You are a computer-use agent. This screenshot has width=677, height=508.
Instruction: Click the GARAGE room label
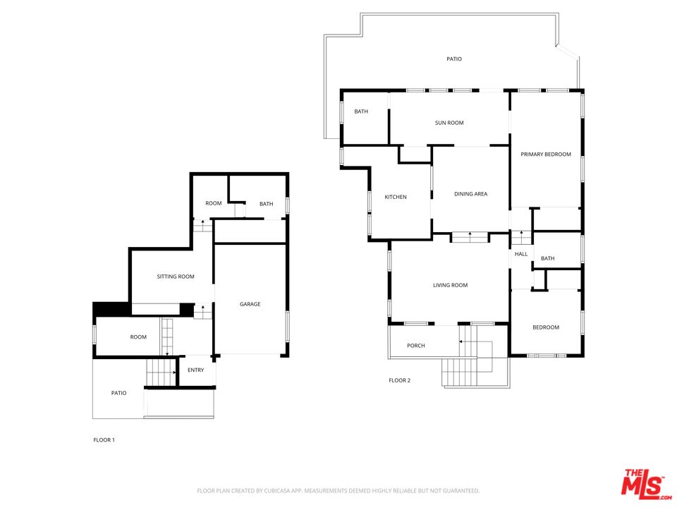(250, 304)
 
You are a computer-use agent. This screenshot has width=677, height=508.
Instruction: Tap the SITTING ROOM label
(176, 277)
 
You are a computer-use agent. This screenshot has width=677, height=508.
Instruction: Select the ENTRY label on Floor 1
(195, 370)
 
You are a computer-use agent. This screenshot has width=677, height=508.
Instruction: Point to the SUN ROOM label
(449, 123)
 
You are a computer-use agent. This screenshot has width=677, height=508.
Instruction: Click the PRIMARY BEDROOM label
(546, 155)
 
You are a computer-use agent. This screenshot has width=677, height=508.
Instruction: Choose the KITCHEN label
(396, 197)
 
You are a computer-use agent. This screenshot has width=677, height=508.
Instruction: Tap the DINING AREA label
(470, 194)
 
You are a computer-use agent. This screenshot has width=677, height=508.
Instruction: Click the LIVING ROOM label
(451, 285)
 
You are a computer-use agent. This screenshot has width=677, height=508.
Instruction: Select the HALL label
(521, 254)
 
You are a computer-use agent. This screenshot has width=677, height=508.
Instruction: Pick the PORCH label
(416, 346)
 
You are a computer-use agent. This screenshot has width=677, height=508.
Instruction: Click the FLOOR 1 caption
(104, 440)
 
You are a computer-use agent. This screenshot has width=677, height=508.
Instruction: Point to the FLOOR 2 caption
(399, 380)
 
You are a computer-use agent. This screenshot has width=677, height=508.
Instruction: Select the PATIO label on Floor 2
(454, 59)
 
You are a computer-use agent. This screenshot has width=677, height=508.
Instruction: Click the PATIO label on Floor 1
(118, 393)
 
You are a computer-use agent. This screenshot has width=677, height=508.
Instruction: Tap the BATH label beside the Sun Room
(361, 111)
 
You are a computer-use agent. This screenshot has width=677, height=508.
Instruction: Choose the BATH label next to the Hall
(547, 258)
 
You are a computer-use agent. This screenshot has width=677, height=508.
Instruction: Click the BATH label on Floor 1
(266, 204)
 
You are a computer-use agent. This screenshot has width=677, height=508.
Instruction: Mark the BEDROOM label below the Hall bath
(546, 327)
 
